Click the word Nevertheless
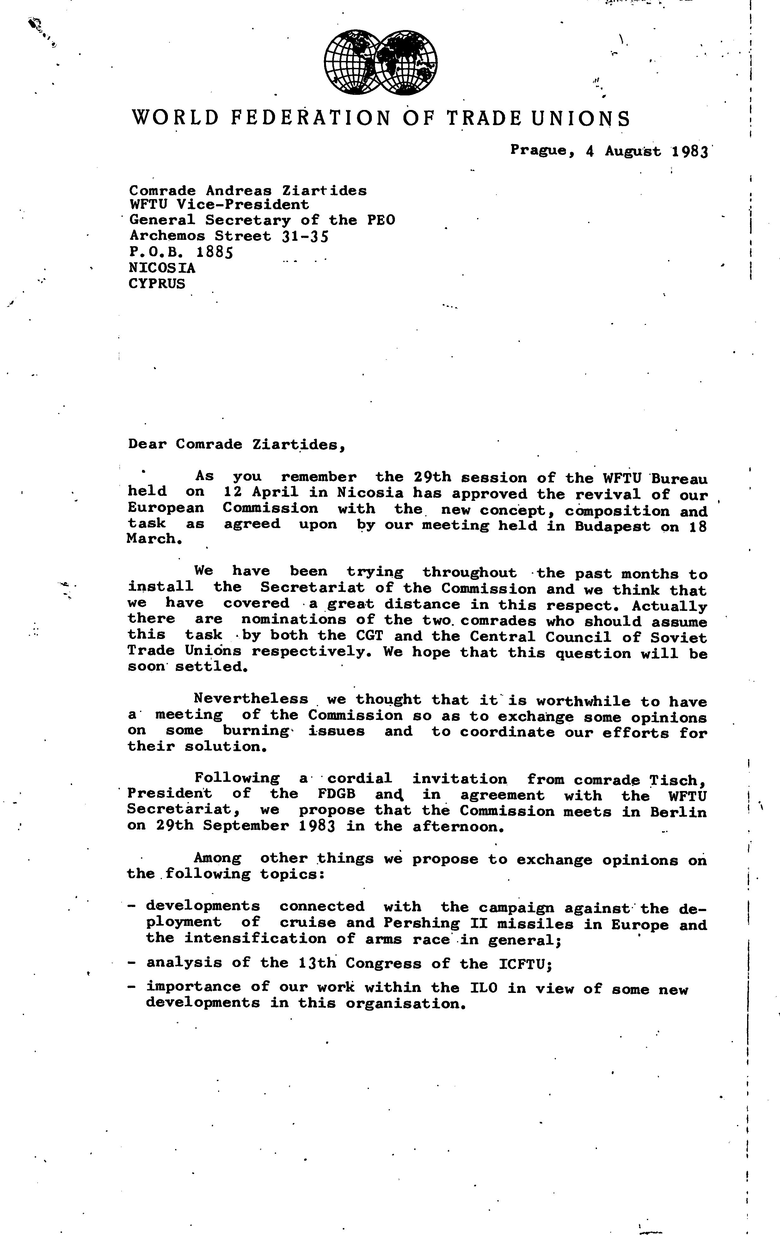(251, 699)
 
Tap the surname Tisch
(678, 780)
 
